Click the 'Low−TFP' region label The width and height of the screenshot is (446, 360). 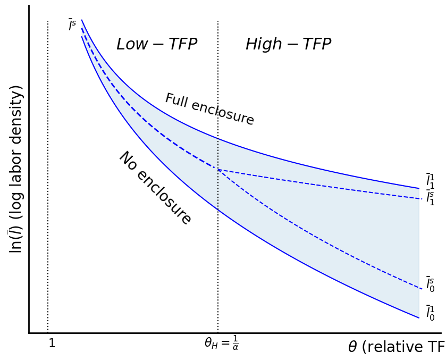coord(156,45)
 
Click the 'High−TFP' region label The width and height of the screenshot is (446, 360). coord(288,45)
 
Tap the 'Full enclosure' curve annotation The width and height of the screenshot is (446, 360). coord(209,110)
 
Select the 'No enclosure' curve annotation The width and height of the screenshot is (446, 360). coord(155,188)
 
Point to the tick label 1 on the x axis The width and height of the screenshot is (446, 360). coord(52,344)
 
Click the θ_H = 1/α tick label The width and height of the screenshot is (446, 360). coord(221,343)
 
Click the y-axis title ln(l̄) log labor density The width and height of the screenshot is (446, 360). coord(16,169)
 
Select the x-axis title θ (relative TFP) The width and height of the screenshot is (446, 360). coord(396,347)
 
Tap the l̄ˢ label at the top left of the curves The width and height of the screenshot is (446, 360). coord(72,25)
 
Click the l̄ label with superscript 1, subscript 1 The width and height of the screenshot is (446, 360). coord(430,181)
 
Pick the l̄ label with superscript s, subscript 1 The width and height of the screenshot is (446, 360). coord(430,198)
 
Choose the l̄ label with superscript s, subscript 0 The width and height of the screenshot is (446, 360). coord(430,284)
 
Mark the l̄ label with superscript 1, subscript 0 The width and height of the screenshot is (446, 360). coord(430,313)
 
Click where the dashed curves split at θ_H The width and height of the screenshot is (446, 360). coord(218,170)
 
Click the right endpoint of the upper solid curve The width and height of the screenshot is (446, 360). coord(419,188)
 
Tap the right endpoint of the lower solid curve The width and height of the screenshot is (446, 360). coord(419,318)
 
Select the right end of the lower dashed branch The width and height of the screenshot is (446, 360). coord(421,289)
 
